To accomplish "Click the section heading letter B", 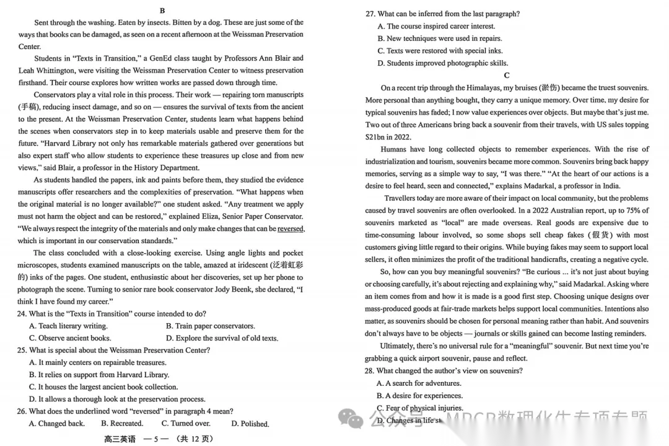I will (x=162, y=11).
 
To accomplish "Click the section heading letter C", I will (x=507, y=76).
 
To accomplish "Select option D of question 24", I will (x=222, y=338).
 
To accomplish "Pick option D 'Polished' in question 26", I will (x=250, y=424).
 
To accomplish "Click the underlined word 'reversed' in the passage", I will (x=291, y=229).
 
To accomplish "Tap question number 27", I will (x=370, y=14).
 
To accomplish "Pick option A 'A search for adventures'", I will (x=419, y=383).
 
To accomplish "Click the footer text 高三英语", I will (x=120, y=439).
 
